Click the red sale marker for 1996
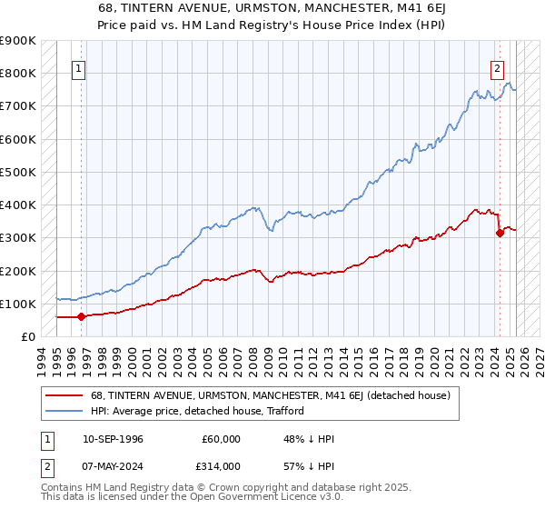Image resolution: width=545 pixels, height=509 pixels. coord(81,316)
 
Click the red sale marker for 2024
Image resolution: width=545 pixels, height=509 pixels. coord(500,233)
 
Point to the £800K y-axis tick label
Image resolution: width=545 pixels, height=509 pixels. coord(19,73)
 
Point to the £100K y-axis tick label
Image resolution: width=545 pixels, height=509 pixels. coord(19,304)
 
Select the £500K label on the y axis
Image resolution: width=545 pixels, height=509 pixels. coord(19,172)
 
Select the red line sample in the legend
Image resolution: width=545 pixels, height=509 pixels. coord(65,395)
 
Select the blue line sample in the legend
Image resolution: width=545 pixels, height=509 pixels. coord(65,411)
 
